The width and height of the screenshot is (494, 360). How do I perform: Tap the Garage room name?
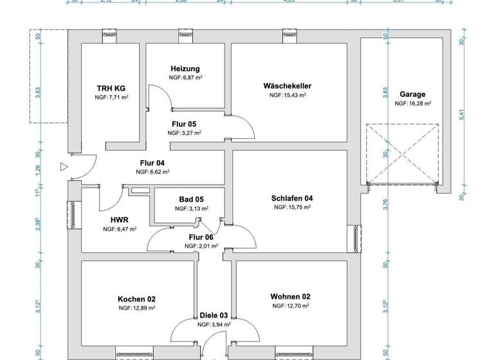coord(412,94)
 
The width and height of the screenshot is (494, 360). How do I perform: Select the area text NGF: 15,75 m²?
coord(292,208)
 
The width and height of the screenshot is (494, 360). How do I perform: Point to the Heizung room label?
coord(185,69)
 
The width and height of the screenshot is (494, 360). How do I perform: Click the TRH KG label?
coord(111,89)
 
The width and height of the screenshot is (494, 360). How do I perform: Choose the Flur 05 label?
coord(183,124)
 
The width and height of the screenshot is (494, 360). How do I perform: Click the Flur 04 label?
coord(152,163)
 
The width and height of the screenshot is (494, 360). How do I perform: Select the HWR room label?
coord(120,220)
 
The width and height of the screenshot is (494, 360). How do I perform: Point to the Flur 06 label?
coord(201,237)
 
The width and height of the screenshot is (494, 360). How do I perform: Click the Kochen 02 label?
coord(137,299)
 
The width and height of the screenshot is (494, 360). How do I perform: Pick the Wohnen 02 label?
coord(290,296)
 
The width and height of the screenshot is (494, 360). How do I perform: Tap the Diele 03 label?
coord(214,316)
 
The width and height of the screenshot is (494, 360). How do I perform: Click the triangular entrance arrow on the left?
coord(63,167)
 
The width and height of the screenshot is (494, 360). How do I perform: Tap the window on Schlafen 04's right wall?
coord(354,239)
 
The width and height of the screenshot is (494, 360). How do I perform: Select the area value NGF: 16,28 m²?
coord(412,103)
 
